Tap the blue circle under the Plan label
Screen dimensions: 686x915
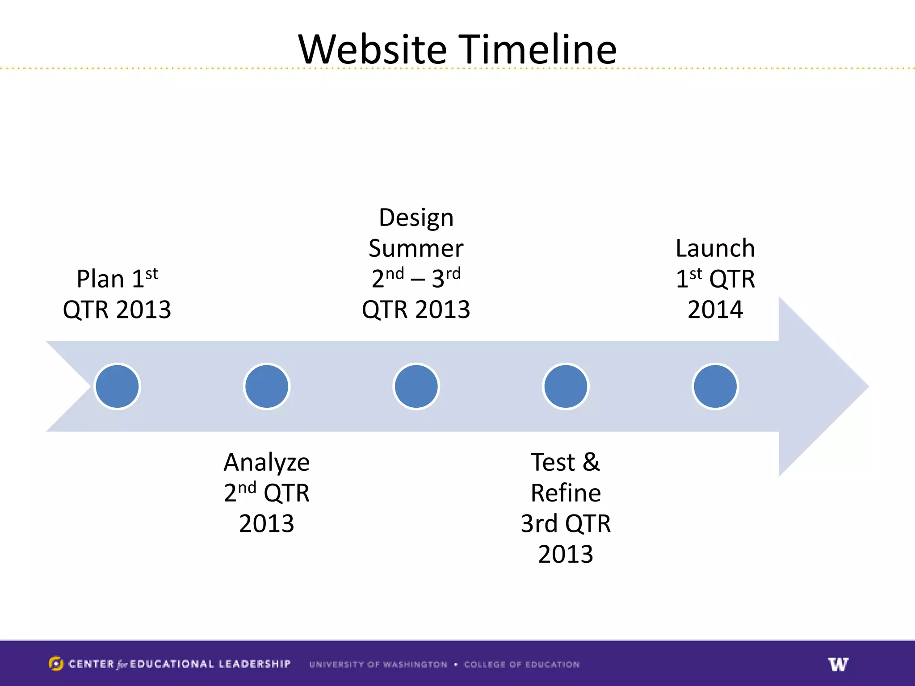(118, 386)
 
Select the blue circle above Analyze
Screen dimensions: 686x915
(267, 386)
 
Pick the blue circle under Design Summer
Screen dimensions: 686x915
(416, 386)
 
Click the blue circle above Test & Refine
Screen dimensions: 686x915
(566, 386)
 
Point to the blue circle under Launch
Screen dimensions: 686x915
(715, 386)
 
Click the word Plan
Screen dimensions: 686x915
(100, 279)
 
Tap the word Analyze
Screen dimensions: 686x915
(267, 463)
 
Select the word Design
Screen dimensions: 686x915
(416, 218)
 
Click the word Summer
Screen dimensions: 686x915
(416, 249)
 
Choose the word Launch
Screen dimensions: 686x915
(715, 248)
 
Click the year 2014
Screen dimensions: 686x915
(715, 310)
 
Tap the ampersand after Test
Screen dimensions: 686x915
(591, 462)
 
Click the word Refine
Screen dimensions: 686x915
(566, 493)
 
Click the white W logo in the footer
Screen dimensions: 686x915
(838, 664)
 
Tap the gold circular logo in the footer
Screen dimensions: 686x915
(55, 664)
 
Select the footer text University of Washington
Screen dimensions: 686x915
(378, 665)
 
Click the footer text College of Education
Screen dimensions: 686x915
(521, 665)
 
